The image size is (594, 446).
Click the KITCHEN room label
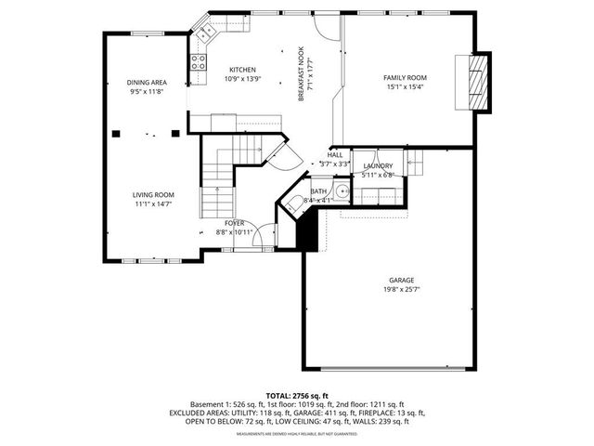tap(243, 70)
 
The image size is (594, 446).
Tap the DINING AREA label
tap(147, 83)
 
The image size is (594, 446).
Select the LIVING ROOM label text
tap(153, 194)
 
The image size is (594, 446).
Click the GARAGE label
tap(401, 280)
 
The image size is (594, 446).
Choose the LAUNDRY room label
tap(378, 165)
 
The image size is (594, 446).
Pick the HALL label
tap(335, 155)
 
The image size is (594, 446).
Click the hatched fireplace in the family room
tap(475, 83)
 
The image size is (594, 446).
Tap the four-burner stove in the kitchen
tap(199, 62)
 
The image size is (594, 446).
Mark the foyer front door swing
tap(264, 238)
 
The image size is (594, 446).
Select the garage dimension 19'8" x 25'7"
tap(401, 289)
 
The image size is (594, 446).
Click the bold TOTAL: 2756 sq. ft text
tap(296, 395)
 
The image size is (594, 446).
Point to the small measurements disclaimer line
tap(296, 434)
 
